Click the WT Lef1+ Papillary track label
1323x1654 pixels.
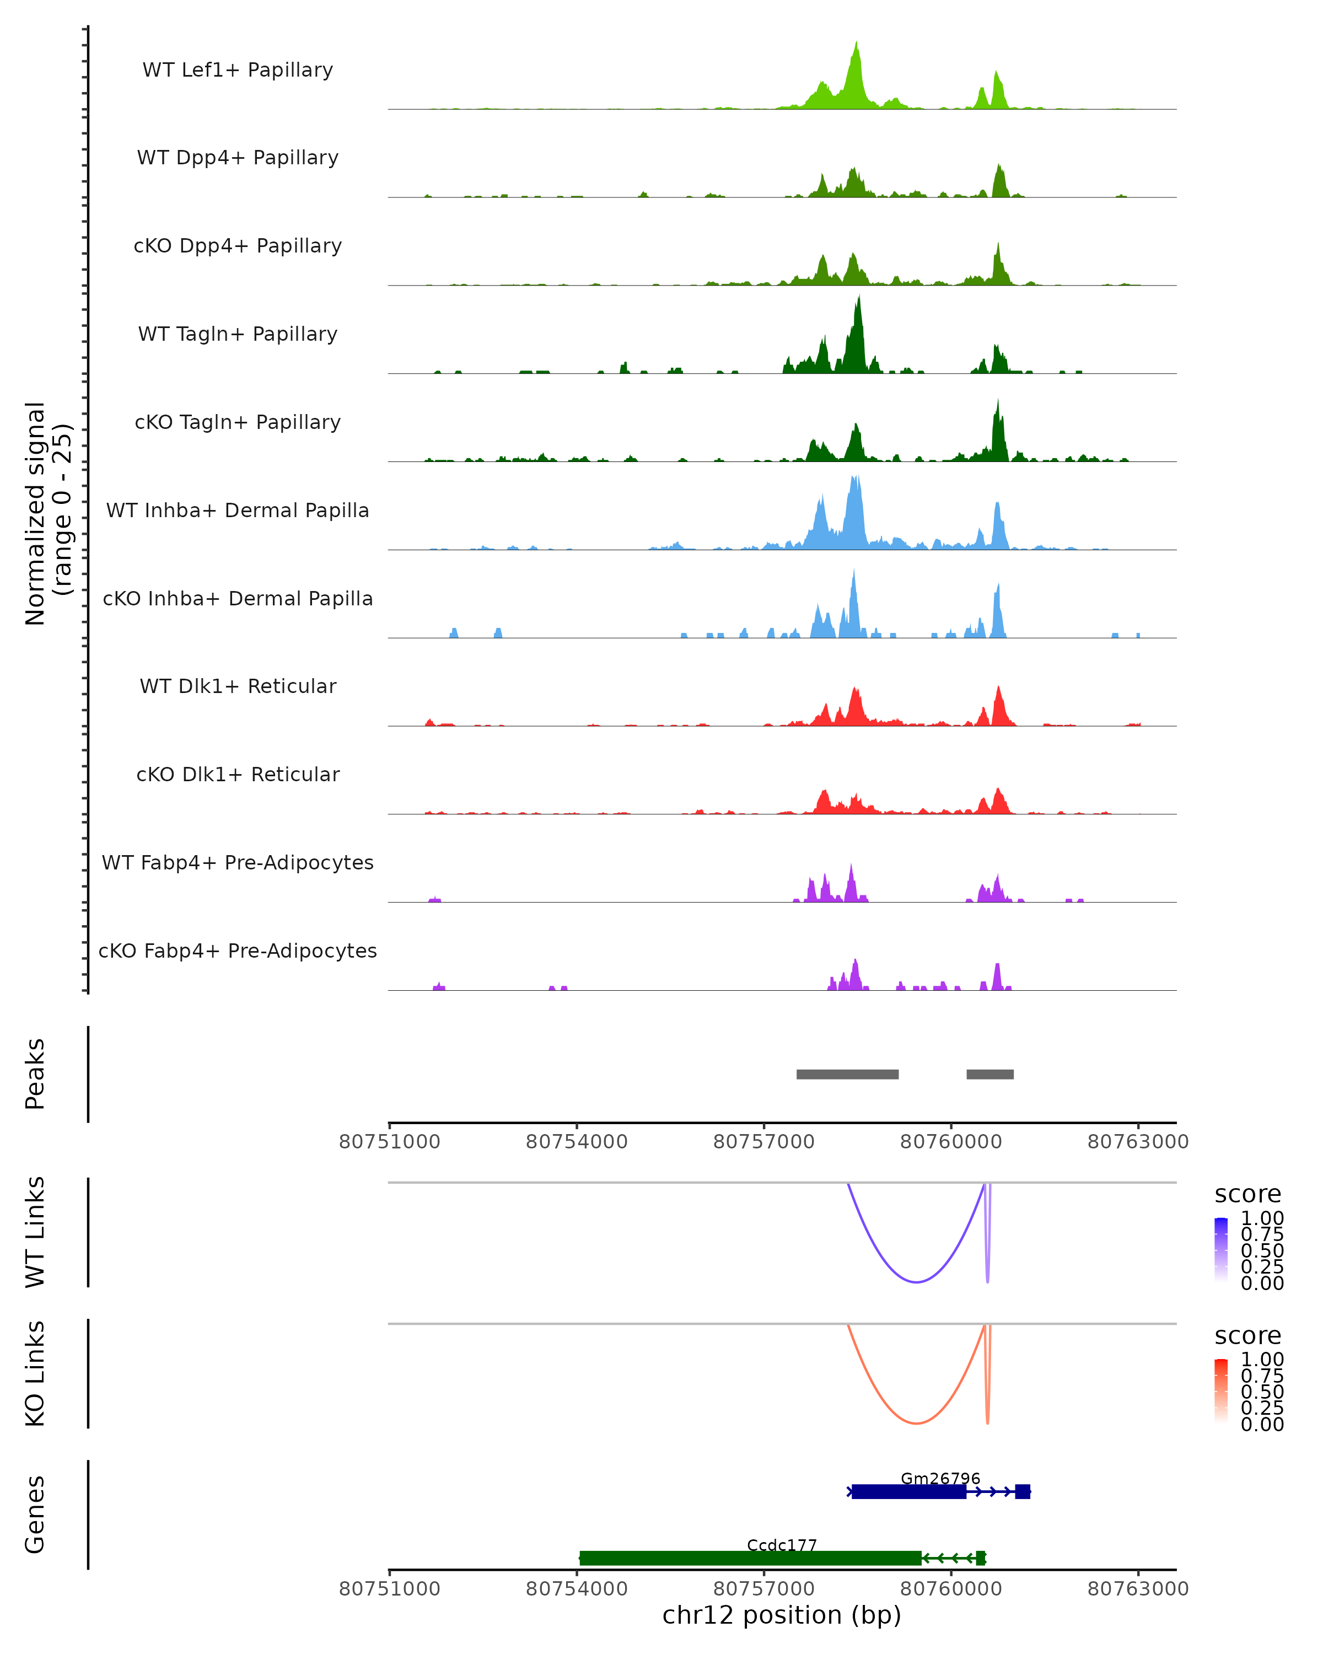tap(238, 70)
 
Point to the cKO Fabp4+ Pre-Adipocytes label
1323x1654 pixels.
tap(238, 950)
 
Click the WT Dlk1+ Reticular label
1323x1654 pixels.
tap(238, 686)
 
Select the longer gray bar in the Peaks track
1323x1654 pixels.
tap(847, 1074)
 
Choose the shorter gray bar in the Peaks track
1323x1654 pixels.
tap(989, 1074)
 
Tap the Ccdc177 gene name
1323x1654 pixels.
tap(782, 1545)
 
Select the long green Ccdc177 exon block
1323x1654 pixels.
tap(750, 1558)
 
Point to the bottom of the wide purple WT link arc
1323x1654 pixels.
tap(916, 1282)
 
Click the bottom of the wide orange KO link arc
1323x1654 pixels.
tap(916, 1423)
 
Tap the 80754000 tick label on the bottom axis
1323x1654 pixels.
tap(577, 1589)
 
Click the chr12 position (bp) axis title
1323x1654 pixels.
tap(782, 1615)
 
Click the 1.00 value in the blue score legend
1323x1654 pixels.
tap(1262, 1218)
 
